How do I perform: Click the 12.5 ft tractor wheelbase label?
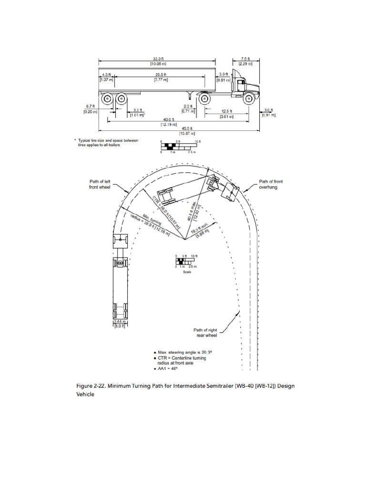[227, 114]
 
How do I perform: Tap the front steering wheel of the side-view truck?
[248, 99]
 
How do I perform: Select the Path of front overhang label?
[270, 184]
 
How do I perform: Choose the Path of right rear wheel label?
[205, 332]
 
